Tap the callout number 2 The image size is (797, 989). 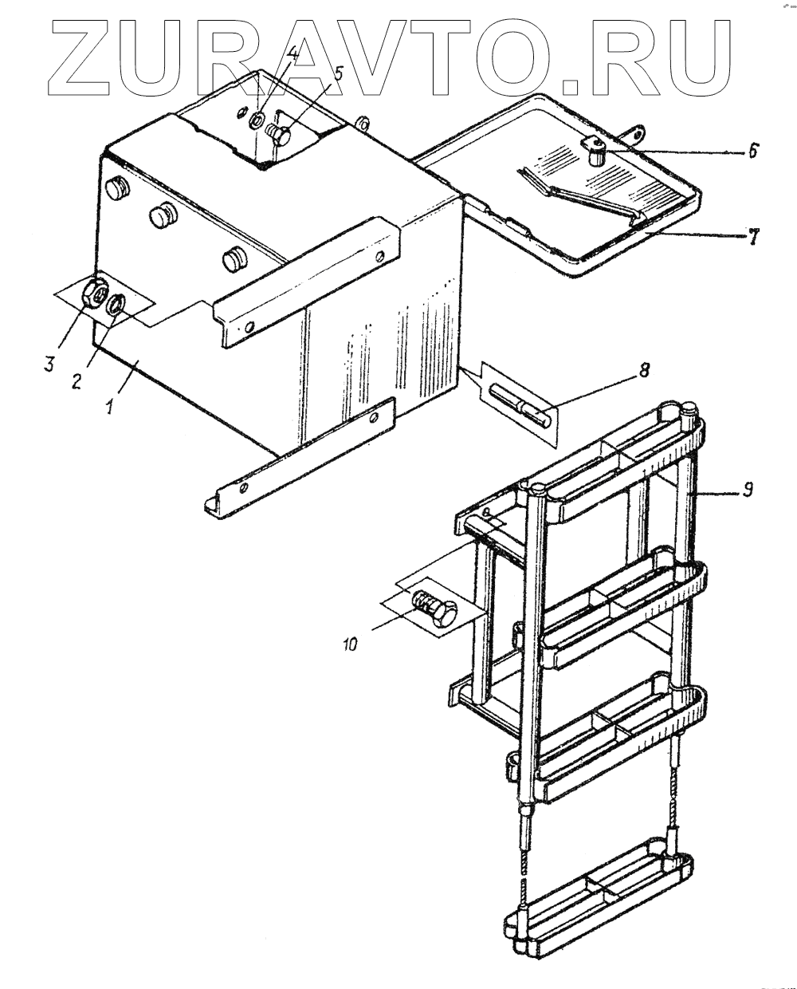pos(77,380)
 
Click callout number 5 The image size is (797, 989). pos(339,73)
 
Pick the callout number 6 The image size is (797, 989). pos(754,150)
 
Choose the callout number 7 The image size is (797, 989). pos(751,237)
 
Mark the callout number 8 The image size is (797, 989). pos(644,369)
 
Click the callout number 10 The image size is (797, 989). pos(350,641)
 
